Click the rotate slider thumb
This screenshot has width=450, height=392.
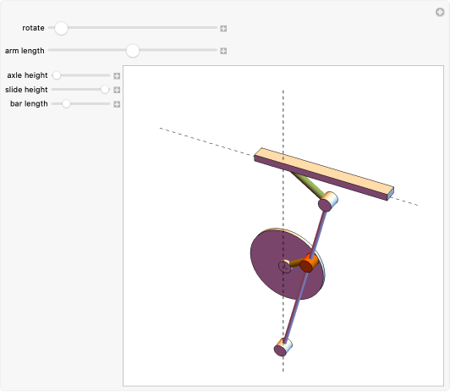(61, 28)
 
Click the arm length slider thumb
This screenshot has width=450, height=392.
(133, 51)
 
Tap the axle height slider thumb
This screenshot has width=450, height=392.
(57, 75)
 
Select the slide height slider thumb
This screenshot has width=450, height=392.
(105, 89)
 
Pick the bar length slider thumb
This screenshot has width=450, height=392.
(66, 103)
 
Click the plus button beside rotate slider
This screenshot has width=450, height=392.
(223, 29)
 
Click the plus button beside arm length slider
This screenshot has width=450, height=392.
(223, 51)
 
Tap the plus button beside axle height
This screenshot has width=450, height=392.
(118, 75)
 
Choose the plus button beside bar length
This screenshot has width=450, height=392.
(118, 104)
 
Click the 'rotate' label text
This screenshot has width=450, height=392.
(34, 29)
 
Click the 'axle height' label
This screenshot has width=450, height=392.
(27, 75)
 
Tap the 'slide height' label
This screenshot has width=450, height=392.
(26, 89)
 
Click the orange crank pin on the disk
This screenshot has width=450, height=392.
(309, 265)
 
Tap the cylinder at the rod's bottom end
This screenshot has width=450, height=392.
(283, 347)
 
